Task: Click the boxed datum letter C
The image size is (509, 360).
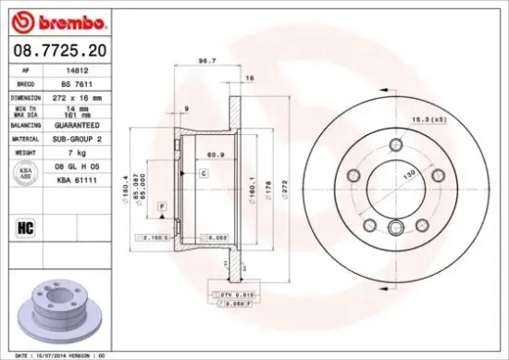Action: (203, 174)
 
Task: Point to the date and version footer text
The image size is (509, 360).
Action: (57, 354)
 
